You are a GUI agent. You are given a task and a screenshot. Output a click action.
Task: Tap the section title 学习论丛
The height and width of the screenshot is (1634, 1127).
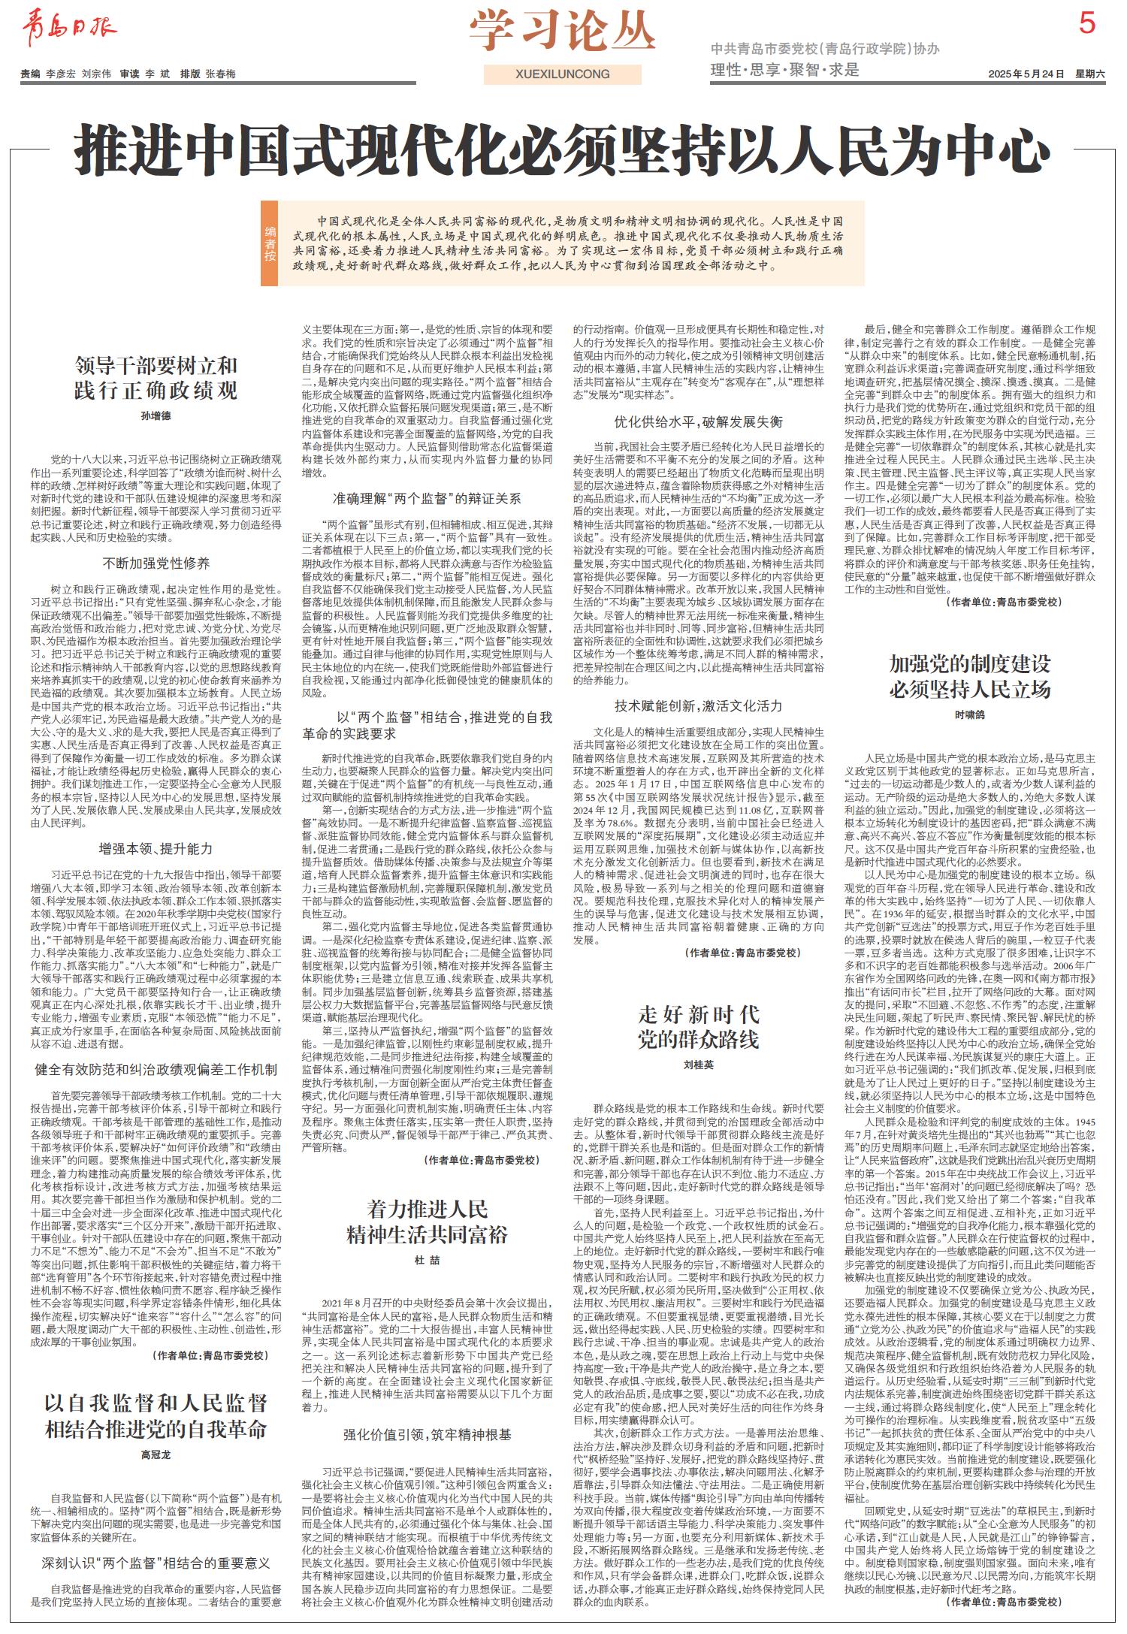pos(563,32)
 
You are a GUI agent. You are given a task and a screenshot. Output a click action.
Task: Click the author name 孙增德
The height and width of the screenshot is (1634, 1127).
pos(156,415)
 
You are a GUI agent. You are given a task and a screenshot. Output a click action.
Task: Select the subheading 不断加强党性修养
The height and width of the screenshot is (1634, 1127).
pos(156,563)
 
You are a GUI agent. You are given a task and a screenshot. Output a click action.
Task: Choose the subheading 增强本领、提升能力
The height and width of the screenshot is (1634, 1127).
pos(156,848)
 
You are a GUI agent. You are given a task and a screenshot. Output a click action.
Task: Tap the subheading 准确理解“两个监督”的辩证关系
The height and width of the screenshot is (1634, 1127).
pos(427,498)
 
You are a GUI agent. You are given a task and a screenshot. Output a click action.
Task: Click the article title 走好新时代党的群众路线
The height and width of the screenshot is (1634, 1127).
pos(699,1027)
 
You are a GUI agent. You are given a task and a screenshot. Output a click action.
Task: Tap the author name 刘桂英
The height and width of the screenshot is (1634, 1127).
pos(699,1065)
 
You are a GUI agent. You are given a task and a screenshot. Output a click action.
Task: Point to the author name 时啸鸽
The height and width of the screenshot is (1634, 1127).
pos(970,715)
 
